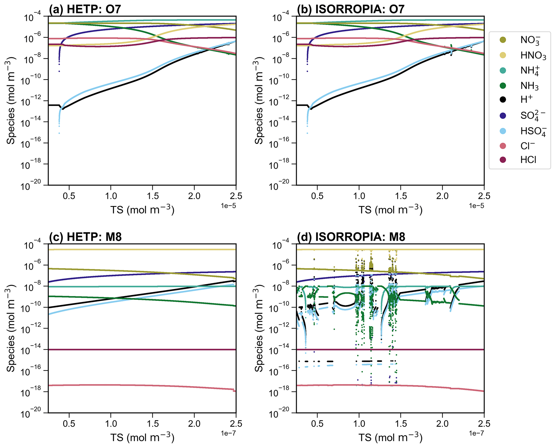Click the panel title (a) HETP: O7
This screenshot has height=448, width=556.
[x=85, y=9]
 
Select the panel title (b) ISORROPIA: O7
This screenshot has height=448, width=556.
[x=350, y=9]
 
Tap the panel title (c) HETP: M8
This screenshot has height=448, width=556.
[x=85, y=237]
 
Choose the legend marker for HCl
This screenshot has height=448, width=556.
[x=502, y=160]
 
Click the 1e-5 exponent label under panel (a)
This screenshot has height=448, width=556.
[x=228, y=206]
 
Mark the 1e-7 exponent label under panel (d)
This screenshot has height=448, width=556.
[x=476, y=433]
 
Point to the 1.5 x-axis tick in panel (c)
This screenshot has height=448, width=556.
[x=153, y=424]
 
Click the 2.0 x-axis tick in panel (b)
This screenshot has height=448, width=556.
[x=442, y=196]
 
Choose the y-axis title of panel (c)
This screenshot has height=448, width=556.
[x=11, y=328]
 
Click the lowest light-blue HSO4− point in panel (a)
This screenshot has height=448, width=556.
[x=59, y=133]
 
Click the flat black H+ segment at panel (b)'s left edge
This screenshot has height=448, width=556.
[x=302, y=105]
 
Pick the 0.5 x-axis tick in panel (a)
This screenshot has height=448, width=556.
[x=69, y=196]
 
